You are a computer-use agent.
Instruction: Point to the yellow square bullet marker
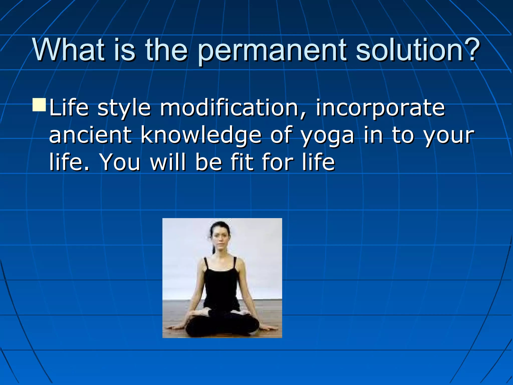click(x=39, y=105)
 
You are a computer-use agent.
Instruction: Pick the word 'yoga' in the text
click(x=328, y=137)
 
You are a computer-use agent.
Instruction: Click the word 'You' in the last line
click(x=120, y=162)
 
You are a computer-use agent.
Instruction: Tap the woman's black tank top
click(x=220, y=286)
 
